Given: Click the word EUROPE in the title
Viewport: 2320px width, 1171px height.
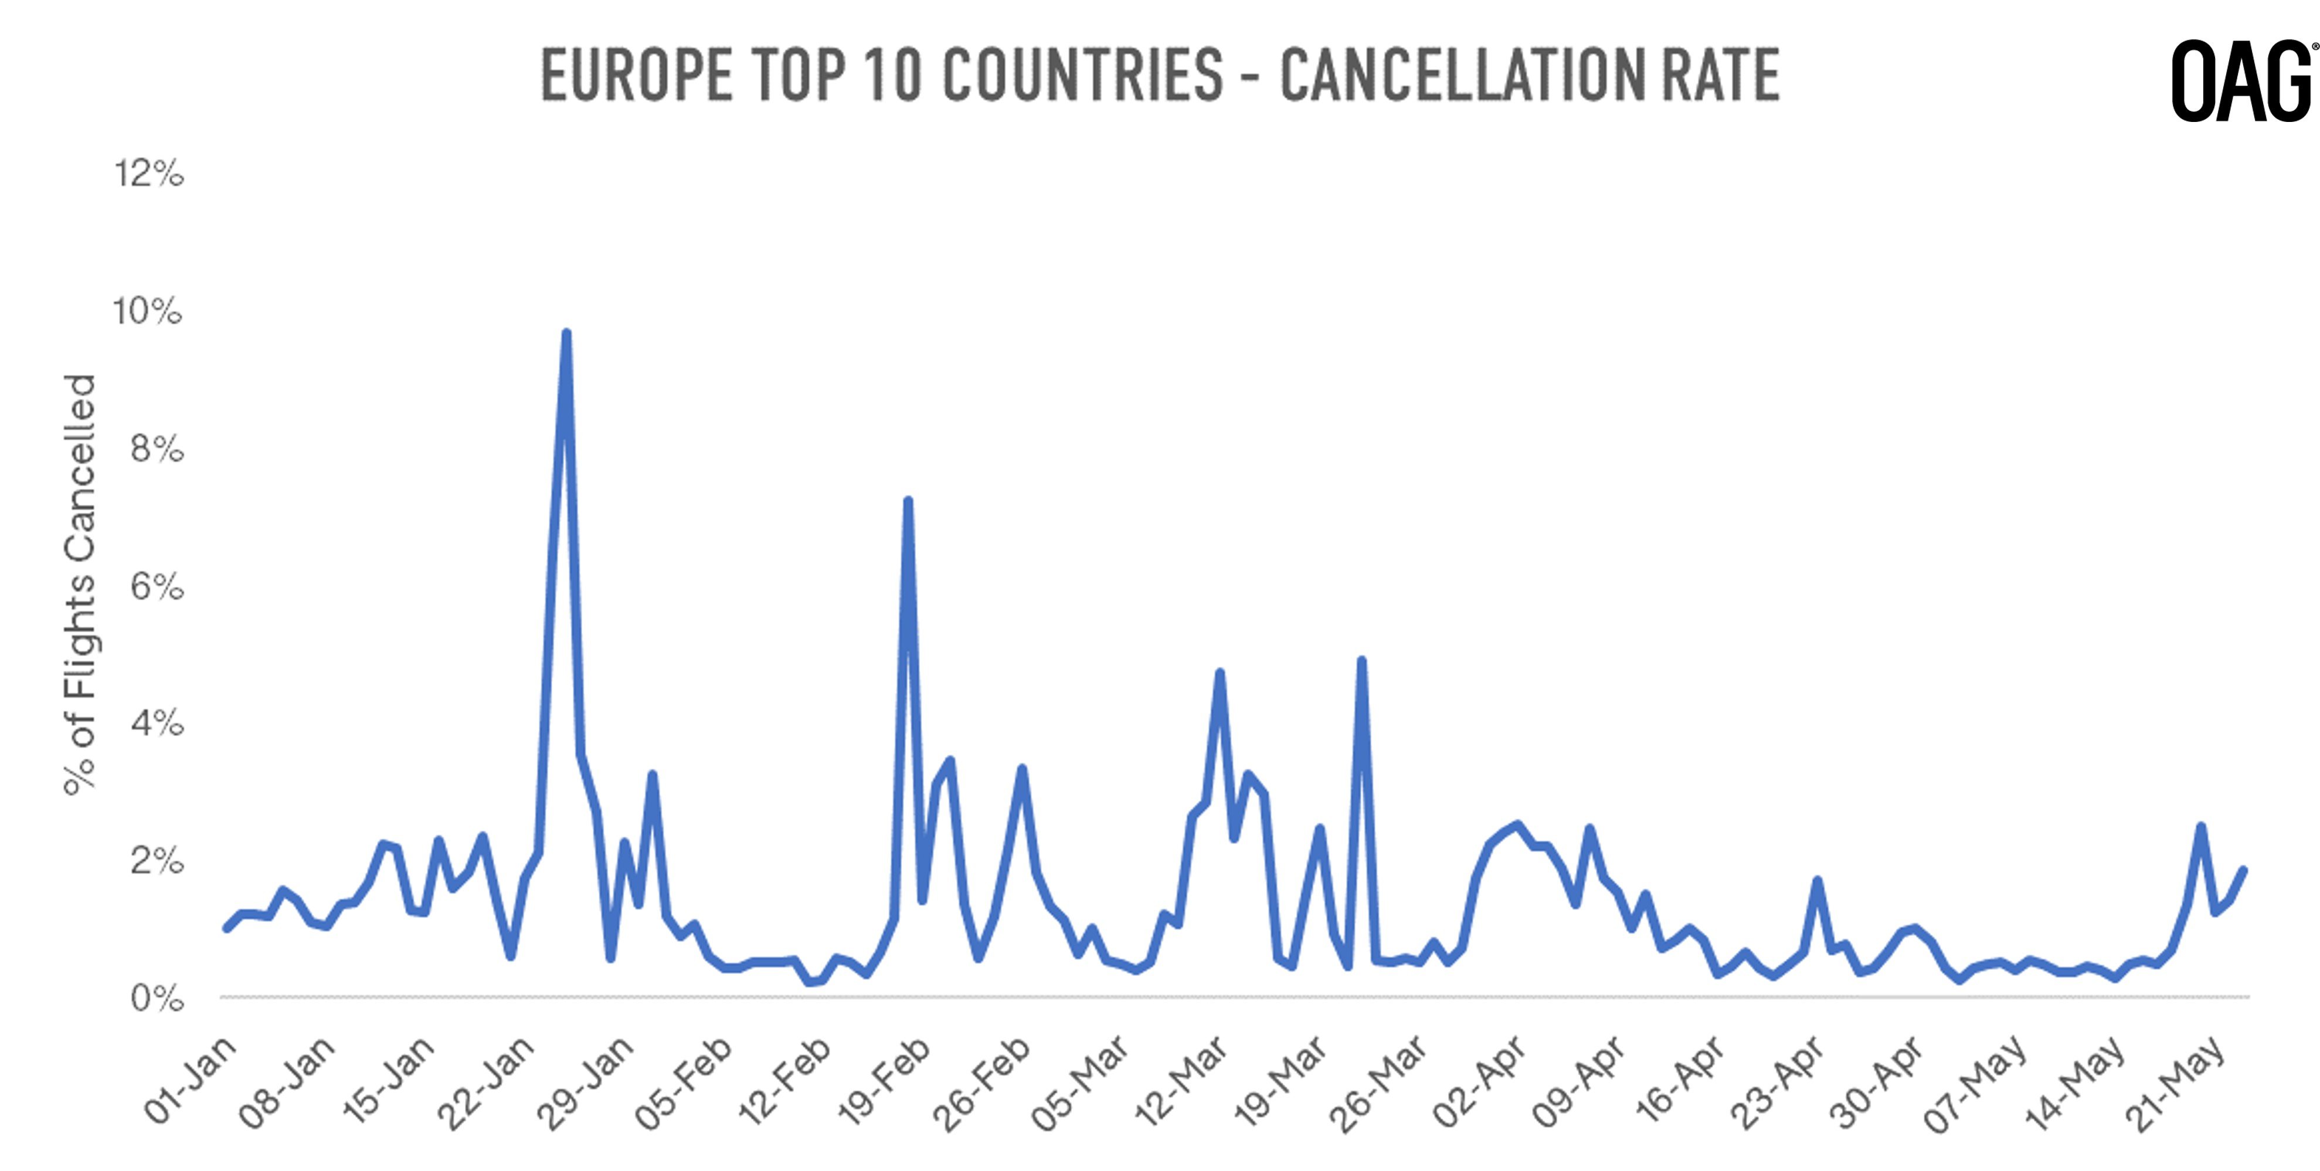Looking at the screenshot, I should coord(636,75).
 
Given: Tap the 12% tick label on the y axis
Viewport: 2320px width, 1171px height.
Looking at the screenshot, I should coord(148,173).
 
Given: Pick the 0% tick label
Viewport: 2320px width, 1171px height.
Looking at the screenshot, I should coord(157,998).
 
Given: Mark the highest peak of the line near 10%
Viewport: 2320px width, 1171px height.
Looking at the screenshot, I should coord(566,333).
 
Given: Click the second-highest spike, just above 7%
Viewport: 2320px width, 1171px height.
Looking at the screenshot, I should coord(908,500).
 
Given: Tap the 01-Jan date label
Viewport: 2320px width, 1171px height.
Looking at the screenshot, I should coord(191,1081).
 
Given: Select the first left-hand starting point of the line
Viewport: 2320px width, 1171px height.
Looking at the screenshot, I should coord(226,928).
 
